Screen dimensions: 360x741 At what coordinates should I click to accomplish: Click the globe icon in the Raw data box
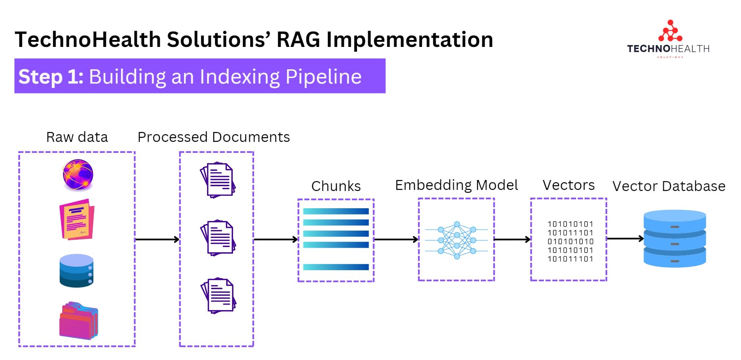click(x=78, y=175)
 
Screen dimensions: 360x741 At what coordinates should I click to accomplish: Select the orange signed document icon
click(x=77, y=219)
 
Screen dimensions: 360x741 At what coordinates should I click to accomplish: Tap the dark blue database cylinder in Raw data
click(x=77, y=271)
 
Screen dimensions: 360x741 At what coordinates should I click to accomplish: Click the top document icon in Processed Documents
click(x=218, y=180)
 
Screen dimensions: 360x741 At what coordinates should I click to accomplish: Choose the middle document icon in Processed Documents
click(x=218, y=238)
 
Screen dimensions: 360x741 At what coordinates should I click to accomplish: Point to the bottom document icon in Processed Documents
click(x=218, y=295)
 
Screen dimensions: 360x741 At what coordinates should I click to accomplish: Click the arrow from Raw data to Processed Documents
click(x=157, y=239)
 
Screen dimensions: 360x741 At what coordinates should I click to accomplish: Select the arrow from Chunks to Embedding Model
click(x=396, y=239)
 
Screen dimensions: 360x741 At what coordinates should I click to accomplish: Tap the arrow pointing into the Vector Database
click(x=625, y=239)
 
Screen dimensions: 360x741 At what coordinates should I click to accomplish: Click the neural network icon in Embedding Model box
click(x=457, y=240)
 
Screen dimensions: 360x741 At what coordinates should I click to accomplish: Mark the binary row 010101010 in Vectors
click(x=570, y=242)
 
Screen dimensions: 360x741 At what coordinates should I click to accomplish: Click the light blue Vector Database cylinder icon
click(x=675, y=238)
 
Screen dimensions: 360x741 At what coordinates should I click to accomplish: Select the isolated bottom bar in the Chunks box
click(x=336, y=267)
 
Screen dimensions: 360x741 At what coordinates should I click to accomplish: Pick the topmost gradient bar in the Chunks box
click(x=336, y=211)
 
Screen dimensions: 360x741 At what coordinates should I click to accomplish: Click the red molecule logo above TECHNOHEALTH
click(x=670, y=32)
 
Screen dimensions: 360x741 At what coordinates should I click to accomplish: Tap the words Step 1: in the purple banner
click(x=51, y=77)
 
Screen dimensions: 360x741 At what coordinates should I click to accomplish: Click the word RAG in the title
click(x=298, y=40)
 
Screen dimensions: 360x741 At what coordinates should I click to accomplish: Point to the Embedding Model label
click(x=456, y=185)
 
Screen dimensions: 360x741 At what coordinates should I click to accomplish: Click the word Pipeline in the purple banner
click(x=323, y=77)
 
